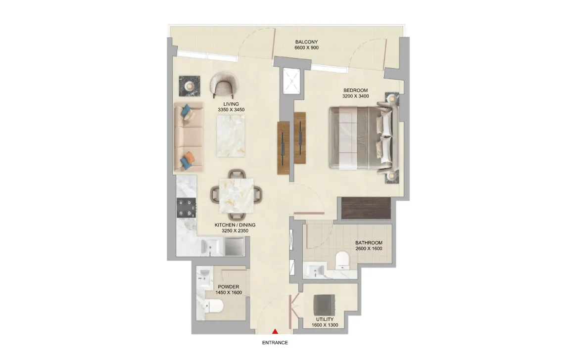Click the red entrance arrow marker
point(276,331)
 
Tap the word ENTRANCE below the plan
point(275,343)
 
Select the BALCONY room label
point(306,42)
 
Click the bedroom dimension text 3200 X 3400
point(356,96)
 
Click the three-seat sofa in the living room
point(189,136)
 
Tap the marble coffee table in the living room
point(231,136)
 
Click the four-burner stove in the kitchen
point(186,208)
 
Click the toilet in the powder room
point(214,306)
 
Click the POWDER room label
point(228,287)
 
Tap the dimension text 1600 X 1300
point(325,325)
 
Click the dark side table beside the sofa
point(190,86)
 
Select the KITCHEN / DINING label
point(235,225)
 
